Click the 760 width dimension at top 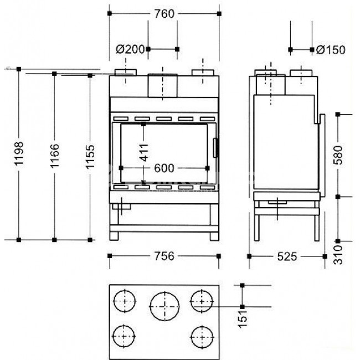[x=164, y=14]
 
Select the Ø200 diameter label [x=130, y=49]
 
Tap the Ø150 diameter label [x=331, y=50]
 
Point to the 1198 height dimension [x=19, y=153]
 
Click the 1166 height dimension [x=55, y=156]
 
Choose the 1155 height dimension [x=90, y=157]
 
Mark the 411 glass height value [x=144, y=152]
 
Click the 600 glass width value [x=164, y=168]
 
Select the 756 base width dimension [x=164, y=256]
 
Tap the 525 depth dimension [x=287, y=256]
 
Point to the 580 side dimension [x=338, y=155]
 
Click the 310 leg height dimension [x=338, y=255]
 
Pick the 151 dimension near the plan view [x=243, y=319]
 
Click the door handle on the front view [x=215, y=148]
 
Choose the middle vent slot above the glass [x=164, y=119]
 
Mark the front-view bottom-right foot [x=214, y=236]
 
